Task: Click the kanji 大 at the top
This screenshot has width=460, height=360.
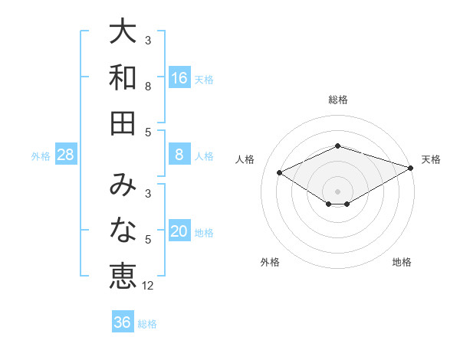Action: (123, 33)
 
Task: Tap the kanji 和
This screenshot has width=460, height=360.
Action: (123, 77)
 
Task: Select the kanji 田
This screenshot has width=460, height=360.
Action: (123, 122)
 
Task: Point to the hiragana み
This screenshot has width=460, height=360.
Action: (123, 186)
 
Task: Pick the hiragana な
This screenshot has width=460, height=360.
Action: (123, 231)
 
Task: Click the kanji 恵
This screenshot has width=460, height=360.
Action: (123, 275)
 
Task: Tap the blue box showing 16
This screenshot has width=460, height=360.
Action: (179, 78)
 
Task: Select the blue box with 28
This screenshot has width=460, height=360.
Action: (66, 155)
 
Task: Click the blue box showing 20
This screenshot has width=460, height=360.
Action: (179, 232)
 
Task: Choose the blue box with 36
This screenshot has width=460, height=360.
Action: (123, 322)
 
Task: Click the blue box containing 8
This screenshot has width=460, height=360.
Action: (179, 155)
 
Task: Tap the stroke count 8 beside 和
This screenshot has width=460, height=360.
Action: (148, 87)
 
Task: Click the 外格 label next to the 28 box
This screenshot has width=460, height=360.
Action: (41, 156)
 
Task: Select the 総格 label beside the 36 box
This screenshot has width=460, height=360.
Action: (147, 323)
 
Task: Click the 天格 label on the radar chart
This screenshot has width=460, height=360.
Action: (431, 159)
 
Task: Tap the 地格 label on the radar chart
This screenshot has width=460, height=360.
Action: (402, 262)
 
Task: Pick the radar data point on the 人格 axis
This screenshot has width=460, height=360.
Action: (280, 173)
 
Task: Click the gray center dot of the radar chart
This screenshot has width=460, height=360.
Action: (338, 191)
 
